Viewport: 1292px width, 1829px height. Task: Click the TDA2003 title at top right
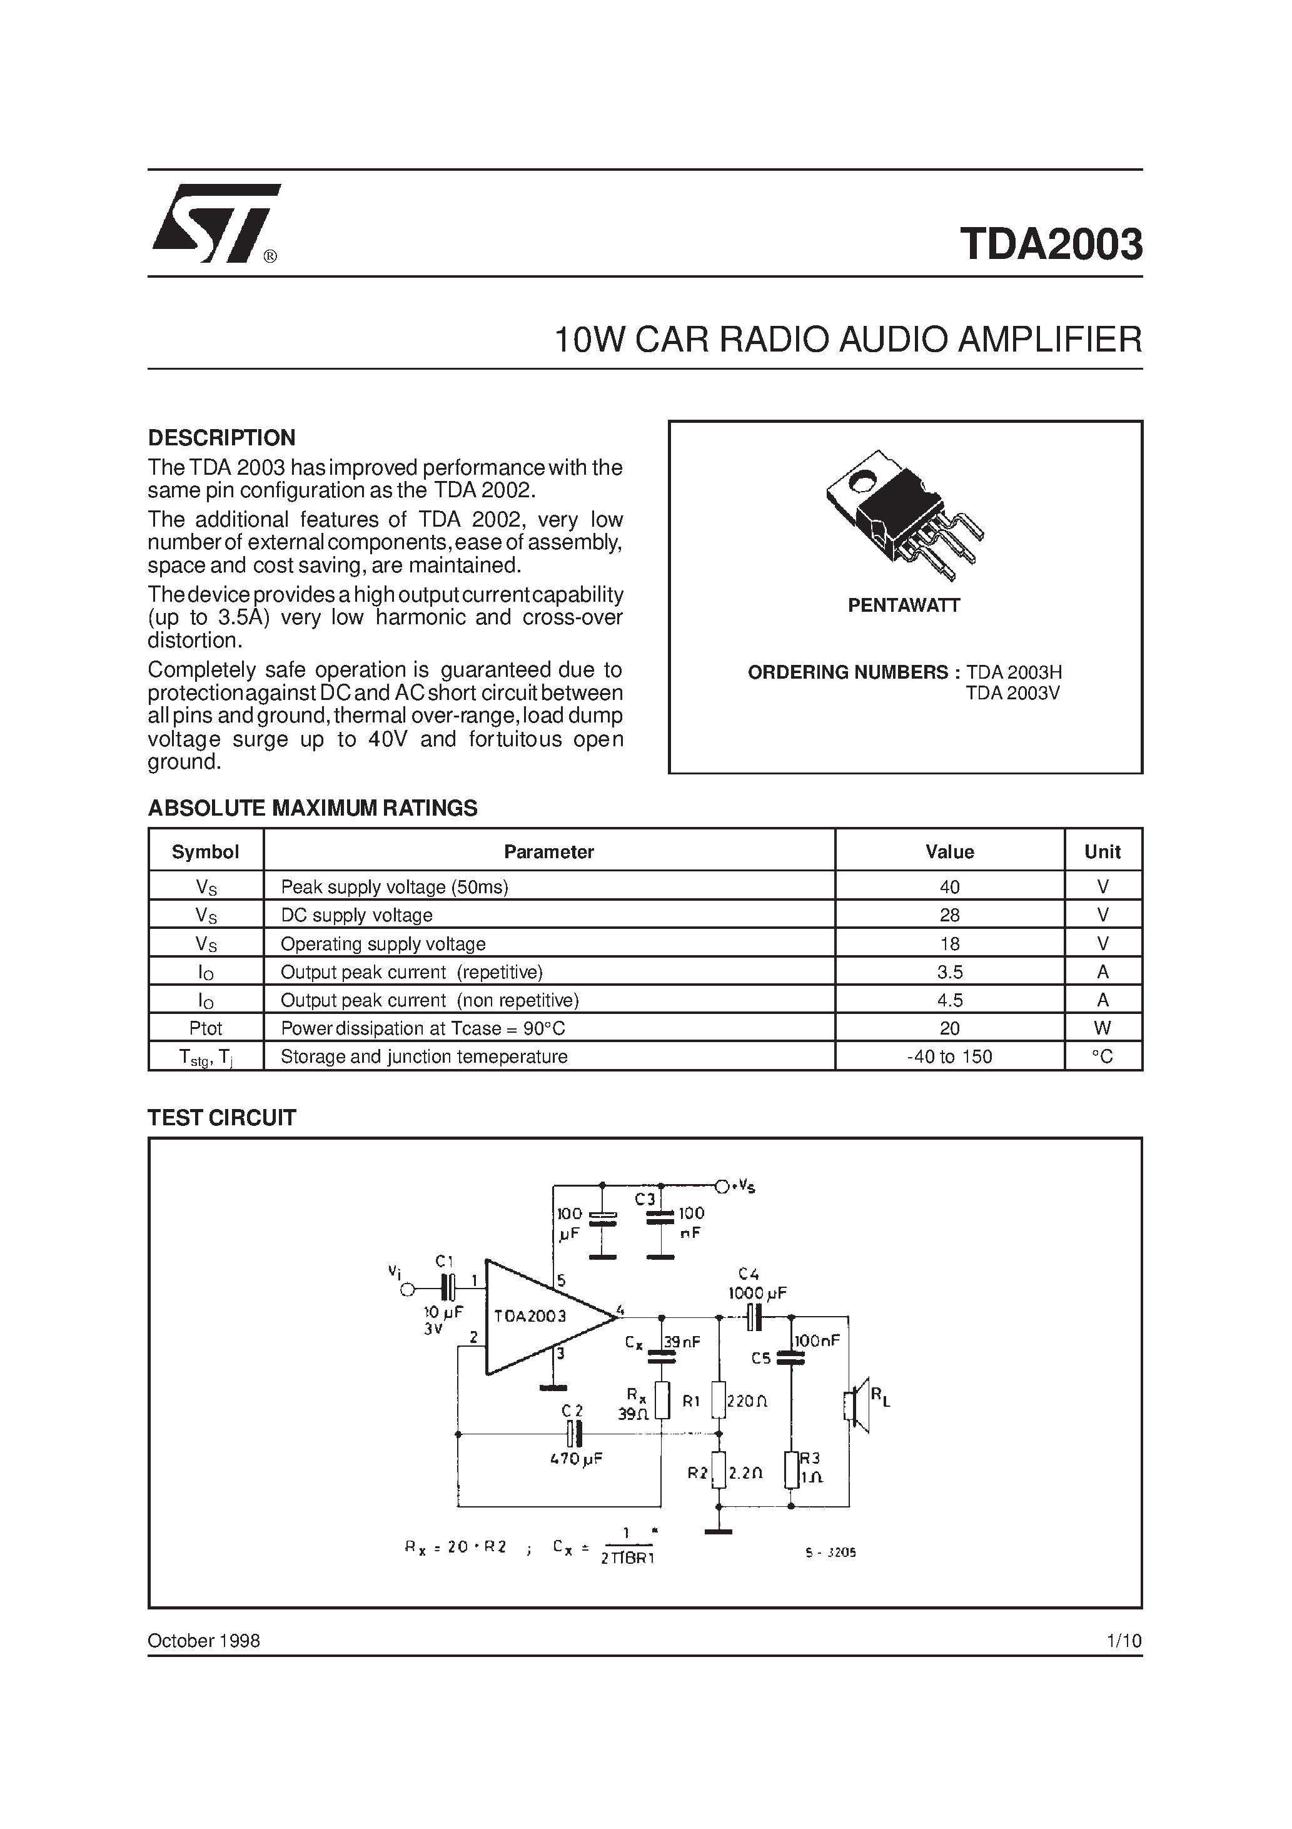pyautogui.click(x=1051, y=245)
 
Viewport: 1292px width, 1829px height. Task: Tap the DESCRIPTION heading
pyautogui.click(x=221, y=437)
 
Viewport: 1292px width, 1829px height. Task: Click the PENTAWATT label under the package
pyautogui.click(x=903, y=605)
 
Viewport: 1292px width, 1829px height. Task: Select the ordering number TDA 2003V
pyautogui.click(x=1012, y=693)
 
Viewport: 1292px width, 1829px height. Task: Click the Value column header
pyautogui.click(x=949, y=851)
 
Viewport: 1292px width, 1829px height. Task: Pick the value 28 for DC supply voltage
pyautogui.click(x=949, y=915)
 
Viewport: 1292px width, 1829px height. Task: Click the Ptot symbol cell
pyautogui.click(x=206, y=1028)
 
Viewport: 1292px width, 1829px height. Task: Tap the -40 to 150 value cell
pyautogui.click(x=949, y=1057)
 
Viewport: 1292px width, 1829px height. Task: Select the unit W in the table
pyautogui.click(x=1103, y=1028)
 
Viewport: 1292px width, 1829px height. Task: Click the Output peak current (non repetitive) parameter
pyautogui.click(x=430, y=1001)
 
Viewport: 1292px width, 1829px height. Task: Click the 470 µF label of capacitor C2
pyautogui.click(x=575, y=1459)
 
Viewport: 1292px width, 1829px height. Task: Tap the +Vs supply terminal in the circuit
pyautogui.click(x=722, y=1187)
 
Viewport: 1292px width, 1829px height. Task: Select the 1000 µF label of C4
pyautogui.click(x=757, y=1294)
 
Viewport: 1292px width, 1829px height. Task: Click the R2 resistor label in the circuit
pyautogui.click(x=698, y=1474)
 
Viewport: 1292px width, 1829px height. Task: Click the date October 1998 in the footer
pyautogui.click(x=204, y=1641)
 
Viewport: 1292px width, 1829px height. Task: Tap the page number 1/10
pyautogui.click(x=1124, y=1641)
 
